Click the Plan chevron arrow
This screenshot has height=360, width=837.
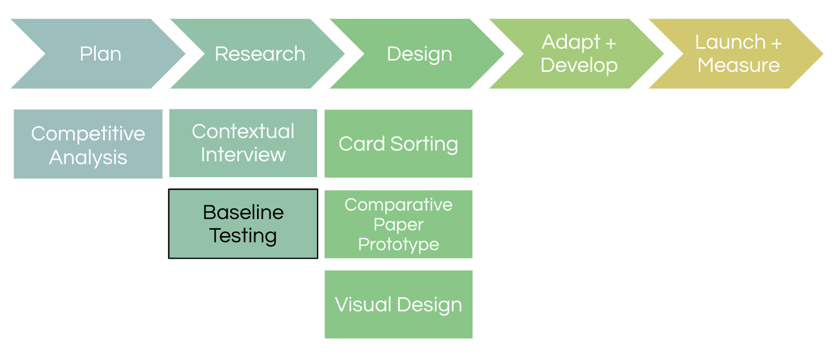(100, 54)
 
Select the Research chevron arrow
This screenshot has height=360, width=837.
(260, 54)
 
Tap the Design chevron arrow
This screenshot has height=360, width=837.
(419, 54)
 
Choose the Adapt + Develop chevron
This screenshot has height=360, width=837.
(579, 54)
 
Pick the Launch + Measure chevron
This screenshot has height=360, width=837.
(738, 54)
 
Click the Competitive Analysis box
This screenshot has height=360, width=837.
(88, 144)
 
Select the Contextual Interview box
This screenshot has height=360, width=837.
(244, 143)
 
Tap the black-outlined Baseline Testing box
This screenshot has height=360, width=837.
(244, 224)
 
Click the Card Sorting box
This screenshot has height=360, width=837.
(398, 144)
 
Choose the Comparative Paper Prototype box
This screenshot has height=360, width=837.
(398, 224)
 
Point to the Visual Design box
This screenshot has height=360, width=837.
(398, 305)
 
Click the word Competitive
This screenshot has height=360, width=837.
(88, 134)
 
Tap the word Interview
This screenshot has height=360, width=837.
(244, 155)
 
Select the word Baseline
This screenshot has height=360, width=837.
(244, 212)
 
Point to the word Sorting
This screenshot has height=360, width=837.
(424, 145)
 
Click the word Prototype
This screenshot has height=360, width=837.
(398, 245)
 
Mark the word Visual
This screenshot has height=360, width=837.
(364, 305)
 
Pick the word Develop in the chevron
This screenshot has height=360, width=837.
(579, 66)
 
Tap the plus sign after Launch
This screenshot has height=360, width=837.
(776, 44)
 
